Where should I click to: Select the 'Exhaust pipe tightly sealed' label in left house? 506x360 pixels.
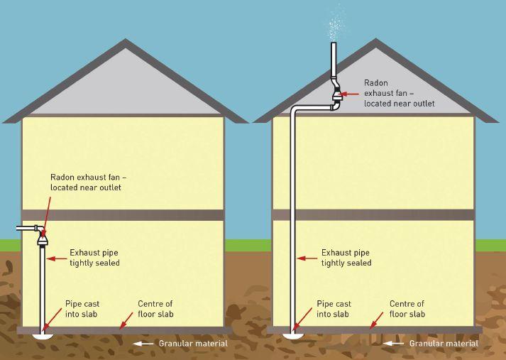(94, 257)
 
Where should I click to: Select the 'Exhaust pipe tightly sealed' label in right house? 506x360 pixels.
(346, 257)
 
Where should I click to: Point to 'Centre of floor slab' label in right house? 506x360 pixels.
(407, 308)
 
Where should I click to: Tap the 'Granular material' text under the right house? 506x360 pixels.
(444, 344)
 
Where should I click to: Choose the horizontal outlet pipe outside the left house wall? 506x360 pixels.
(26, 229)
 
